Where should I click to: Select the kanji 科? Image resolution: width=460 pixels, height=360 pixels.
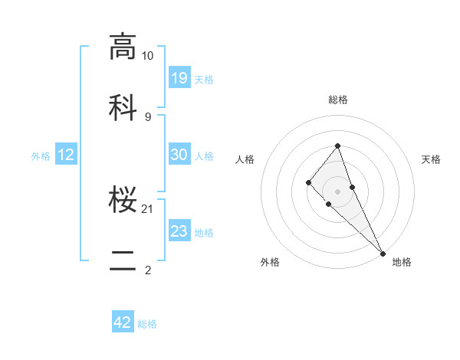click(x=123, y=107)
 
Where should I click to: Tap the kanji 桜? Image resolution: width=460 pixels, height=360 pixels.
click(x=123, y=201)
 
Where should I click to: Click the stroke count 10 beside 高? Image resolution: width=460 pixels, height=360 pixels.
click(x=147, y=56)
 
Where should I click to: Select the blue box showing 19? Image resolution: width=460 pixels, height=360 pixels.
click(x=179, y=77)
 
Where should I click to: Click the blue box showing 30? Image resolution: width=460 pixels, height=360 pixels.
click(x=179, y=155)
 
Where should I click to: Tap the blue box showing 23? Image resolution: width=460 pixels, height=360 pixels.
click(x=179, y=231)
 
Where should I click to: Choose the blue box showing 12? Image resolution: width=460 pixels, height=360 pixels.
click(x=66, y=155)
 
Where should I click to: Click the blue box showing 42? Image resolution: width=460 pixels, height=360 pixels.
click(x=123, y=322)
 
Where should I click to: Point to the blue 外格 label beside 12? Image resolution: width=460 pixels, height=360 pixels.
click(x=41, y=155)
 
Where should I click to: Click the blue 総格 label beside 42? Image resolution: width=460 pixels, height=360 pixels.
click(x=147, y=324)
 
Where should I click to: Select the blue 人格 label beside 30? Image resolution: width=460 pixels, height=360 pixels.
click(x=204, y=155)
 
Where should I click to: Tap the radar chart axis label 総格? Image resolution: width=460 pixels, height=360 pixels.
click(x=338, y=100)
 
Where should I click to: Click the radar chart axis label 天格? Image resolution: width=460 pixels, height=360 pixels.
click(x=431, y=159)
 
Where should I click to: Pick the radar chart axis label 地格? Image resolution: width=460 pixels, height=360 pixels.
click(x=402, y=263)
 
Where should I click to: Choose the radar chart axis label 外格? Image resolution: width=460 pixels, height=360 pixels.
click(x=270, y=263)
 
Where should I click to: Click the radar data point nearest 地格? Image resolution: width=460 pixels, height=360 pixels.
click(x=383, y=253)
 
